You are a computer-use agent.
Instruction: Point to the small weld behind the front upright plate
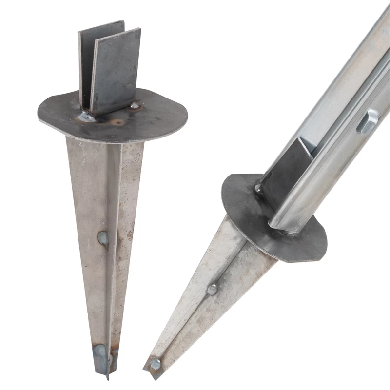[134, 105]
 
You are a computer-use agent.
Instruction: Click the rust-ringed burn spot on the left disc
[118, 122]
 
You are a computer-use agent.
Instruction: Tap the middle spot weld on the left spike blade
[103, 238]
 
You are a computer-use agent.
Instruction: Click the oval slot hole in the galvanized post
[367, 121]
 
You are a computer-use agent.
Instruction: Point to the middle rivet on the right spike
[212, 290]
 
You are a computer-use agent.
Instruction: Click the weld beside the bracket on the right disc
[257, 188]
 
